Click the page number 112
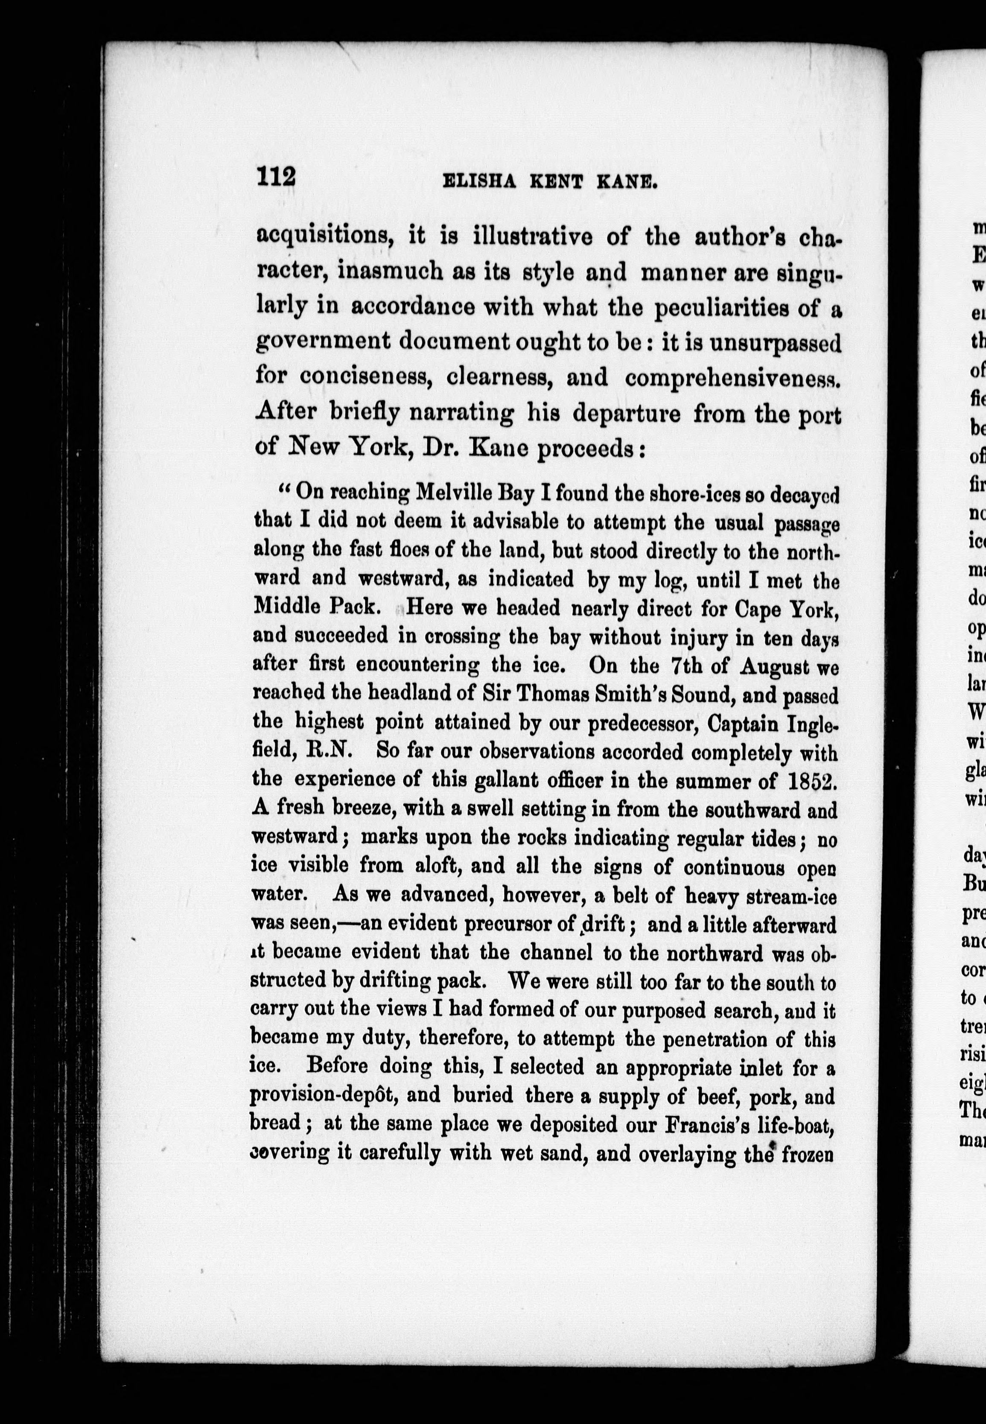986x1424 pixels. [x=276, y=176]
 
